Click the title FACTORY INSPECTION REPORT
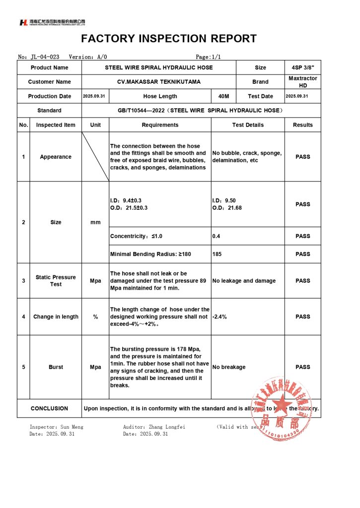click(x=169, y=39)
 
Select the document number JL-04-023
click(x=45, y=57)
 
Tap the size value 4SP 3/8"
click(x=302, y=67)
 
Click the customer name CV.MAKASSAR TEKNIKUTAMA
click(x=159, y=82)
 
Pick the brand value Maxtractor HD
click(x=302, y=82)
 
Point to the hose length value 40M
click(x=223, y=96)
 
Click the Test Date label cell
click(x=260, y=96)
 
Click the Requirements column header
click(x=160, y=125)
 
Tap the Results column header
click(x=302, y=125)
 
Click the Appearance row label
click(x=56, y=157)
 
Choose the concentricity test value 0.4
click(x=216, y=236)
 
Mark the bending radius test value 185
click(x=217, y=254)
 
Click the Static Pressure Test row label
click(x=56, y=281)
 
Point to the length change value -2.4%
click(x=219, y=317)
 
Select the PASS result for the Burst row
click(x=302, y=367)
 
